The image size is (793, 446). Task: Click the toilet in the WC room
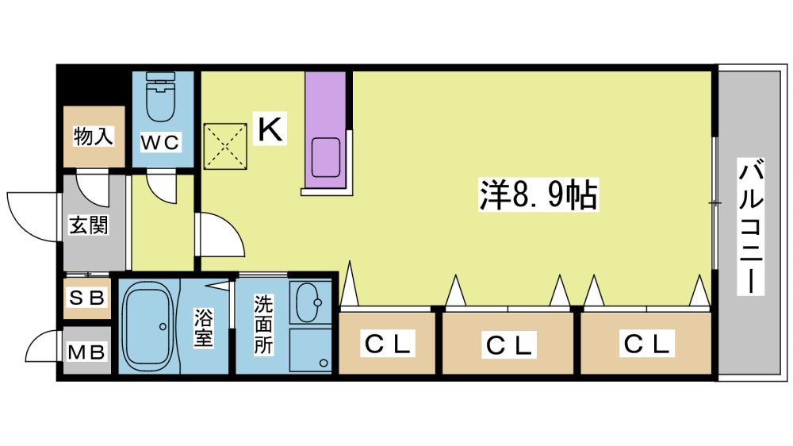point(161,96)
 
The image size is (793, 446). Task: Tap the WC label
point(160,143)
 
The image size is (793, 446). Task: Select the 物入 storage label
point(93,136)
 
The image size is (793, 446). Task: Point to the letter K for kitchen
point(270,129)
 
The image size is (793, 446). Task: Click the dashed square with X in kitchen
point(225,146)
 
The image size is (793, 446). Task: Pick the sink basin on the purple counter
point(326,157)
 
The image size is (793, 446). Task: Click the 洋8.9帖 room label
point(538,194)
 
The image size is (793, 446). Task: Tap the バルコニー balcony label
point(750,226)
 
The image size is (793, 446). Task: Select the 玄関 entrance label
point(89,225)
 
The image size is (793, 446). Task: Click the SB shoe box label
point(87,298)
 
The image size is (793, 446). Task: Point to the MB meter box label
point(86,352)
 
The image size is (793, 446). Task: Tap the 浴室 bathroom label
point(203,328)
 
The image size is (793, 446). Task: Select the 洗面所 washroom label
point(263,325)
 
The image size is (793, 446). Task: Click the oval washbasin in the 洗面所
point(308,302)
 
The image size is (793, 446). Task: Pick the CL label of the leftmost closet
point(388,344)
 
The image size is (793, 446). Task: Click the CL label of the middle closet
point(509,346)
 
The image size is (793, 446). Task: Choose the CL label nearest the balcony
point(647,344)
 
